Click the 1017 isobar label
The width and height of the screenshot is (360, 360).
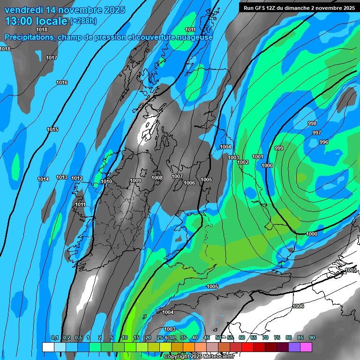52,58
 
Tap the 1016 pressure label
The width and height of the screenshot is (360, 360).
62,83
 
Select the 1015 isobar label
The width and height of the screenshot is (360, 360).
52,130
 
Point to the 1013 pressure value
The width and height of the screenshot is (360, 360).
62,178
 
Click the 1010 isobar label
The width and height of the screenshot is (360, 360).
106,182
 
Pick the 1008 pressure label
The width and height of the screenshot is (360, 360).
157,178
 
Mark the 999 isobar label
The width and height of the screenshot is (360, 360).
279,149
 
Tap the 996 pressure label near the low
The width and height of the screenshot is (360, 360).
323,142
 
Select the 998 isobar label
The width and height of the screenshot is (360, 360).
312,124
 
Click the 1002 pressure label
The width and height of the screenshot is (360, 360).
243,163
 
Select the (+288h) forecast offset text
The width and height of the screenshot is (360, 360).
83,21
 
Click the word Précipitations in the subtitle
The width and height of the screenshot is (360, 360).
29,37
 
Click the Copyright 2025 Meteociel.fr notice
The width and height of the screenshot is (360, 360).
199,357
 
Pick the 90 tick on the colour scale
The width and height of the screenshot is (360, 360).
312,338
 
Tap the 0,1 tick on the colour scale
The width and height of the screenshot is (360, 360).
55,338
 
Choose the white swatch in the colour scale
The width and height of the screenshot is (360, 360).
48,347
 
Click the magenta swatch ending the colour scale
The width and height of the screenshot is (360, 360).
306,347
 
